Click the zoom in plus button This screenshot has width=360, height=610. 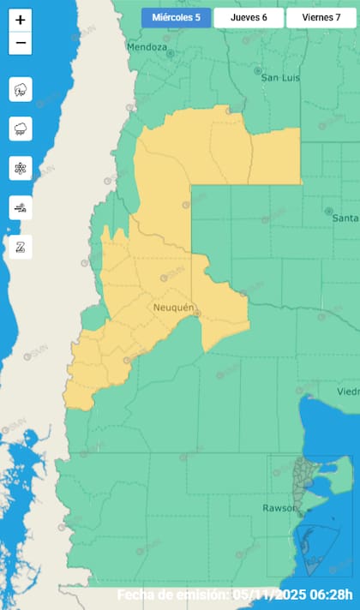pos(21,20)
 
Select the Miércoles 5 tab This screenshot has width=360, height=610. pos(176,18)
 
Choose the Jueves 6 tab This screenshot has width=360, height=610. pos(249,18)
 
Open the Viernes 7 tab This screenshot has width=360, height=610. pos(321,18)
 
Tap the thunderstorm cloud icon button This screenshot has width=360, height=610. pos(21,89)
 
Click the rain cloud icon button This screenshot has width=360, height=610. pos(21,129)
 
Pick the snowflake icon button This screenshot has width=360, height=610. pos(21,168)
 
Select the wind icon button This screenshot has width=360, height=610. pos(21,206)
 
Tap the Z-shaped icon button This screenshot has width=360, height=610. pos(21,246)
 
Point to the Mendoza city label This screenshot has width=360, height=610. pos(146,47)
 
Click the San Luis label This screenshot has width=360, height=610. pos(279,77)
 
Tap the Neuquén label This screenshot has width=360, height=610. pos(175,307)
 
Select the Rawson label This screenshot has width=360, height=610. pos(279,508)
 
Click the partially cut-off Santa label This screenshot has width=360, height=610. pos(345,218)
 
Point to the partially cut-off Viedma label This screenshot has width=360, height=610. pos(348,391)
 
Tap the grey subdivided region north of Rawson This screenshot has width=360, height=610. pos(300,480)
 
